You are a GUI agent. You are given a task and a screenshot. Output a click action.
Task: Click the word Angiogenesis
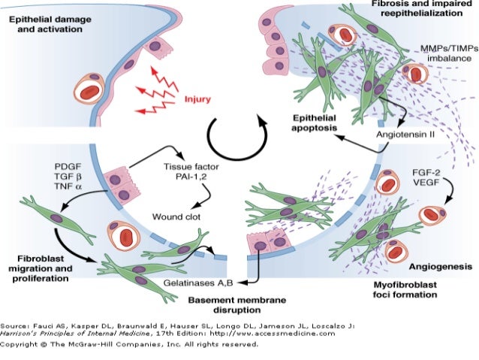coord(440,266)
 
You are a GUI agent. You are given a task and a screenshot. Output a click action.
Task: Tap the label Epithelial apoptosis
coord(315,123)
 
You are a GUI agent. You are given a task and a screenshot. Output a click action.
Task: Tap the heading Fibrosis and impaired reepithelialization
coord(417,11)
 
